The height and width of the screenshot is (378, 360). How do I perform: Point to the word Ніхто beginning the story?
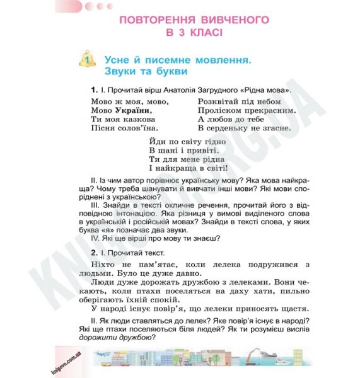point(105,264)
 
